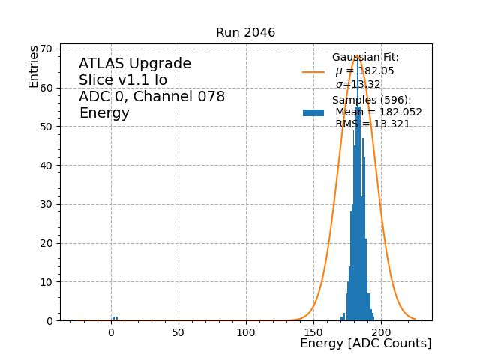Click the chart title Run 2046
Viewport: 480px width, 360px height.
245,33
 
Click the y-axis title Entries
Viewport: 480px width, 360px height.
34,67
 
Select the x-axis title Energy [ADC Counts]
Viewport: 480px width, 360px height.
365,343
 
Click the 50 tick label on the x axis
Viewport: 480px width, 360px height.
178,331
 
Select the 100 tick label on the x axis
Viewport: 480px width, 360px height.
245,331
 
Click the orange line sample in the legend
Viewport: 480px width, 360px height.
313,72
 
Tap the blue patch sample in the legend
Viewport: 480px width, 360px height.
313,112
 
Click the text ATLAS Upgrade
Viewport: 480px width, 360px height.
135,64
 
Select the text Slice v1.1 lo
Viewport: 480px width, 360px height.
123,80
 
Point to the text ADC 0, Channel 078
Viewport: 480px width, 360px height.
151,97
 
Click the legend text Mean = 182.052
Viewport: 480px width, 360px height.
378,112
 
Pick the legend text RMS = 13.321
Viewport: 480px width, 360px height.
372,124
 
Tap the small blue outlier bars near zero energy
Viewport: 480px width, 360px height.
115,318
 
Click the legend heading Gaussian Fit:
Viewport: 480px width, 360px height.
365,58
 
